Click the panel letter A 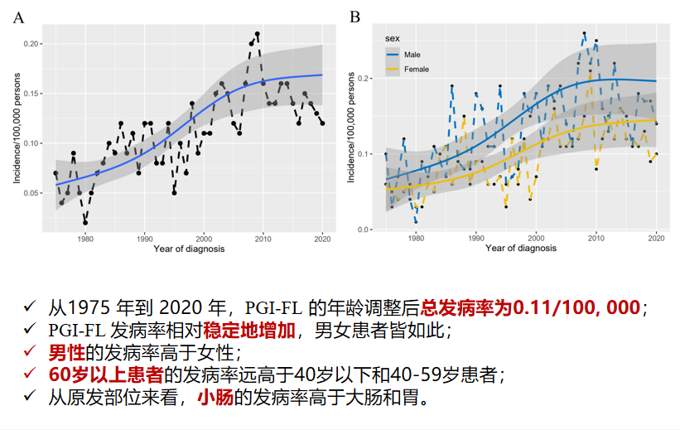coord(18,17)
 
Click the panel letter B coord(354,17)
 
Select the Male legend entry coord(411,55)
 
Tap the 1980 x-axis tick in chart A coord(84,239)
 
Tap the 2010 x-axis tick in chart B coord(596,239)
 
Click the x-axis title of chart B coord(520,249)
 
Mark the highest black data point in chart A coord(258,34)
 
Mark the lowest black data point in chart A coord(85,223)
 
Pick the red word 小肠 coord(213,397)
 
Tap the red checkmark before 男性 coord(31,352)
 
